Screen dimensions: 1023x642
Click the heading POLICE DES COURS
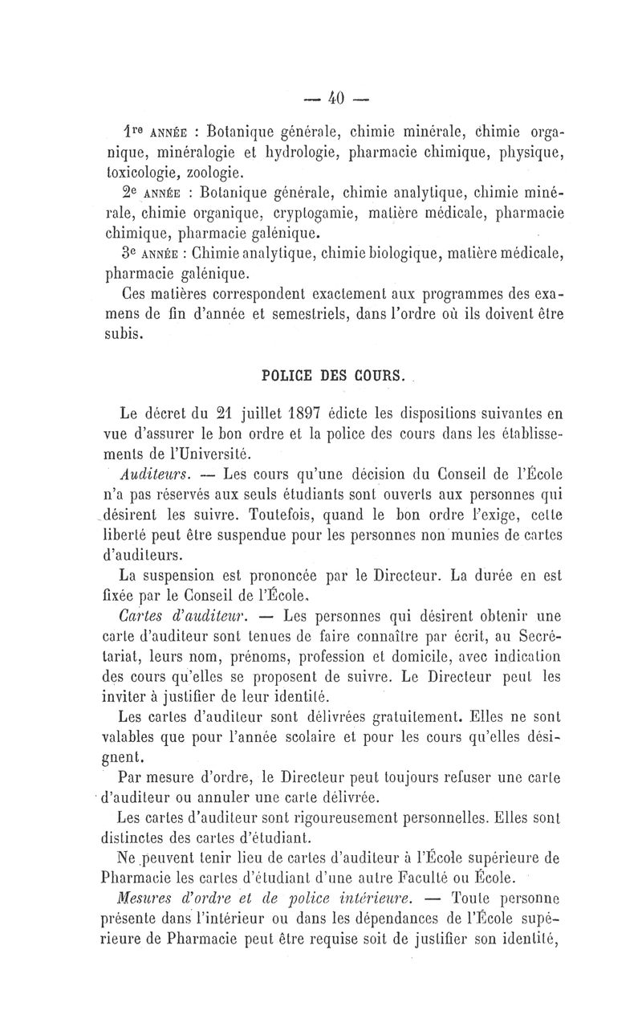click(x=335, y=374)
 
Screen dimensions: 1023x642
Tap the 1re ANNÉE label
click(x=157, y=132)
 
